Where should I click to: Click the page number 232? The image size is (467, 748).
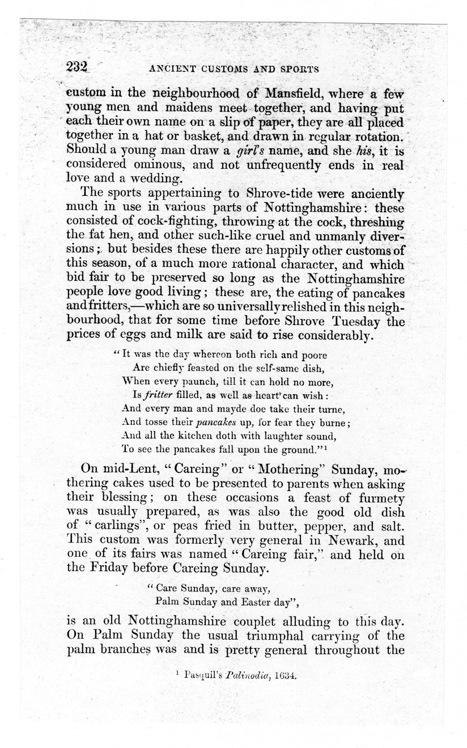coord(78,67)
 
